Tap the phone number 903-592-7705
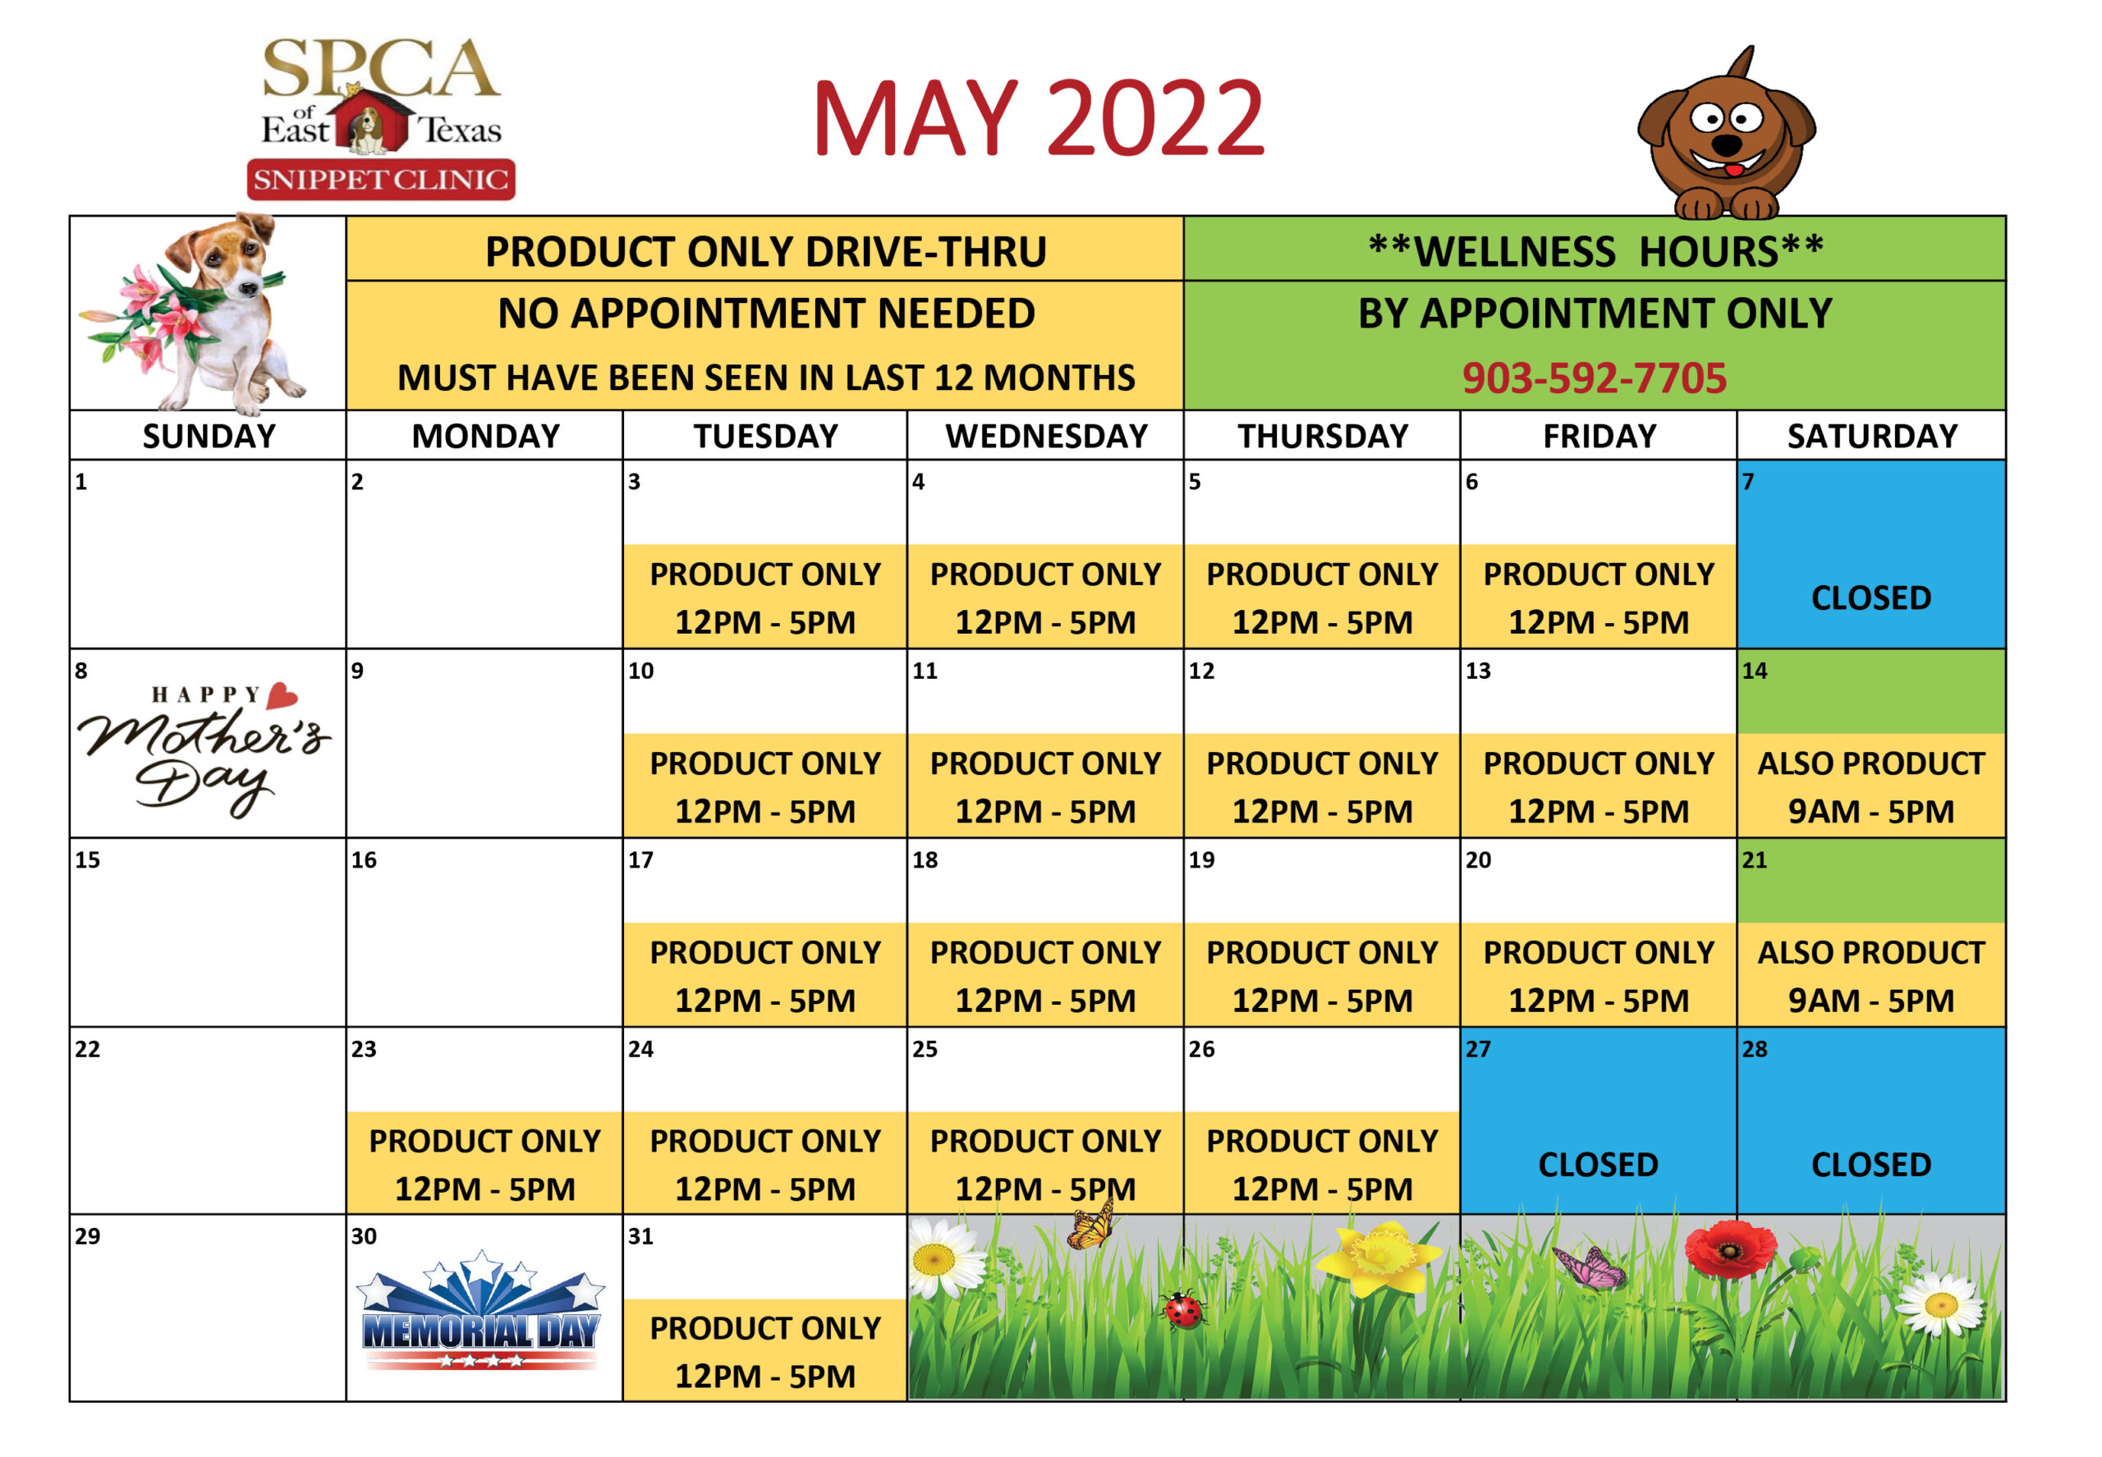tap(1594, 378)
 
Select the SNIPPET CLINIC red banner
tap(381, 179)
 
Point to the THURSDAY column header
tap(1322, 437)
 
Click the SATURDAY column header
tap(1872, 437)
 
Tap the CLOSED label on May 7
tap(1871, 598)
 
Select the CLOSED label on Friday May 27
tap(1598, 1165)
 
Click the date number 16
tap(364, 860)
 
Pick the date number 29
tap(88, 1236)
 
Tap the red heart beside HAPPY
tap(282, 695)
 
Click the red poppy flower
tap(1729, 1249)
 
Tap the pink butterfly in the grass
tap(1590, 1267)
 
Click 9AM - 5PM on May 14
tap(1871, 812)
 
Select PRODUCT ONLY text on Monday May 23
tap(485, 1141)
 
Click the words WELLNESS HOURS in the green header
tap(1596, 251)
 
